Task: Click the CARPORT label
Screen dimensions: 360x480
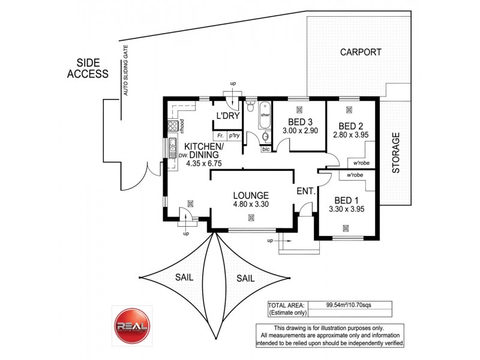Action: [x=361, y=52]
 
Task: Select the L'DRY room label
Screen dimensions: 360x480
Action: [x=228, y=115]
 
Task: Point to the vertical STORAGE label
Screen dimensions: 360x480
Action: [x=395, y=154]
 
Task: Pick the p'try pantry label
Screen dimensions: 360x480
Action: [x=234, y=136]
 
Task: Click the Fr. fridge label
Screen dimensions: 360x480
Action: [x=220, y=136]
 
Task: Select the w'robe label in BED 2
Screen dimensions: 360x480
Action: [x=361, y=163]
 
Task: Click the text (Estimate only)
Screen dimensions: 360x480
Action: [x=287, y=313]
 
